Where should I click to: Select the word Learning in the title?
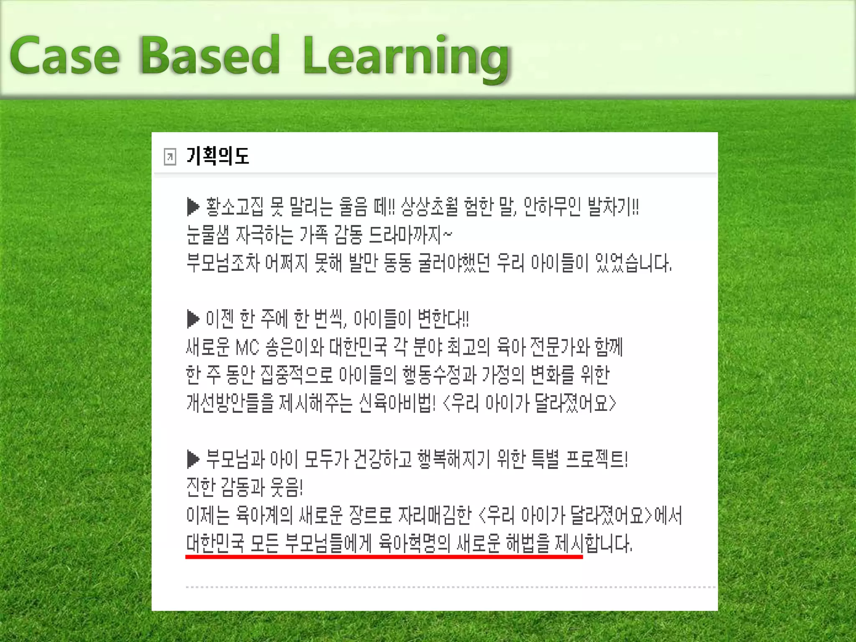(406, 59)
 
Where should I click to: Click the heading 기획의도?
(218, 156)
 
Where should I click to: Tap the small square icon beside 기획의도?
(170, 157)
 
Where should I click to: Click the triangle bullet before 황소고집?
(193, 207)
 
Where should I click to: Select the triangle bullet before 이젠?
(193, 319)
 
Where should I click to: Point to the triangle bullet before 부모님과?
(193, 459)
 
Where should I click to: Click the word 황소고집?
(234, 207)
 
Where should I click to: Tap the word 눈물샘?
(208, 235)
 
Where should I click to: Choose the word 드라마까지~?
(410, 235)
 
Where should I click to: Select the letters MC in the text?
(247, 347)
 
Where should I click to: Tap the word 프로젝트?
(596, 459)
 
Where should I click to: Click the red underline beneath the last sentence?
(384, 557)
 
